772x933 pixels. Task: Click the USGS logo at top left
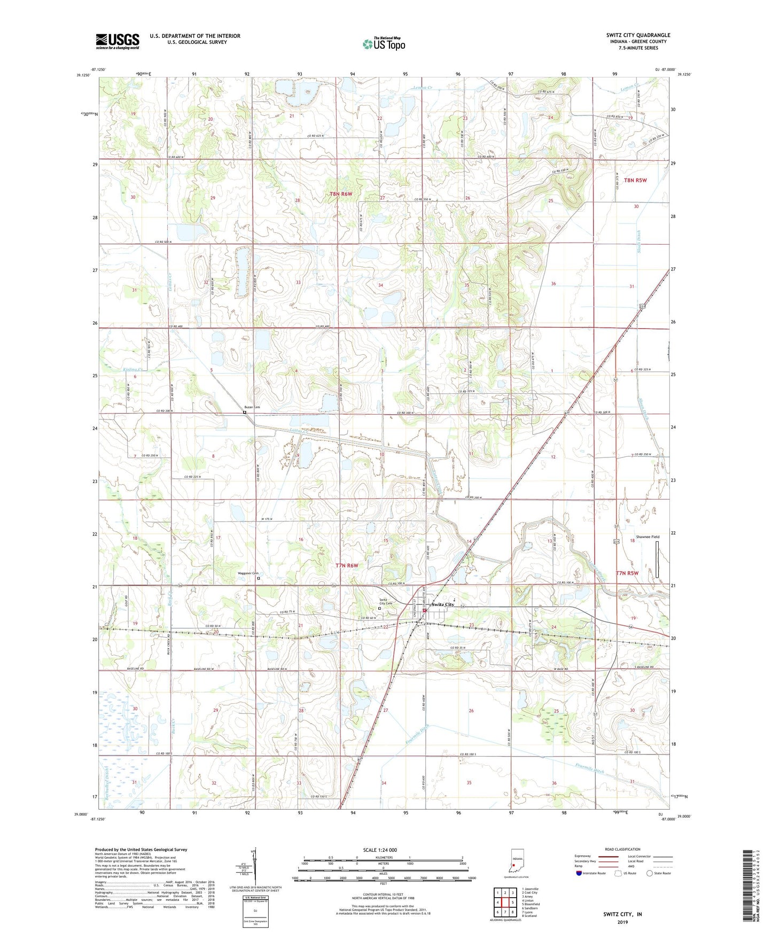click(117, 41)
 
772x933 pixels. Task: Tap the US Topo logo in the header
click(383, 44)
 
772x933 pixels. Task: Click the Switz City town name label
click(442, 604)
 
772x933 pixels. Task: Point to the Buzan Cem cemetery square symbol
click(245, 413)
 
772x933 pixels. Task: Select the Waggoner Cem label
click(247, 573)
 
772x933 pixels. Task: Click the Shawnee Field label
click(647, 537)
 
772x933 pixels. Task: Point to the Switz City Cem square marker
click(380, 608)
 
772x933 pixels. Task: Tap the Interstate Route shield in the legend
click(579, 873)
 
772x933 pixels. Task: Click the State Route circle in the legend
click(650, 873)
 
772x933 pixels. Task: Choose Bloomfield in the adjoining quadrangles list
click(529, 904)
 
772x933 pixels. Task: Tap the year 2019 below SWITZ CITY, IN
click(622, 922)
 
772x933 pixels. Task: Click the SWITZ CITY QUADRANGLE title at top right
click(638, 35)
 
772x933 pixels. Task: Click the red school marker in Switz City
click(425, 610)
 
